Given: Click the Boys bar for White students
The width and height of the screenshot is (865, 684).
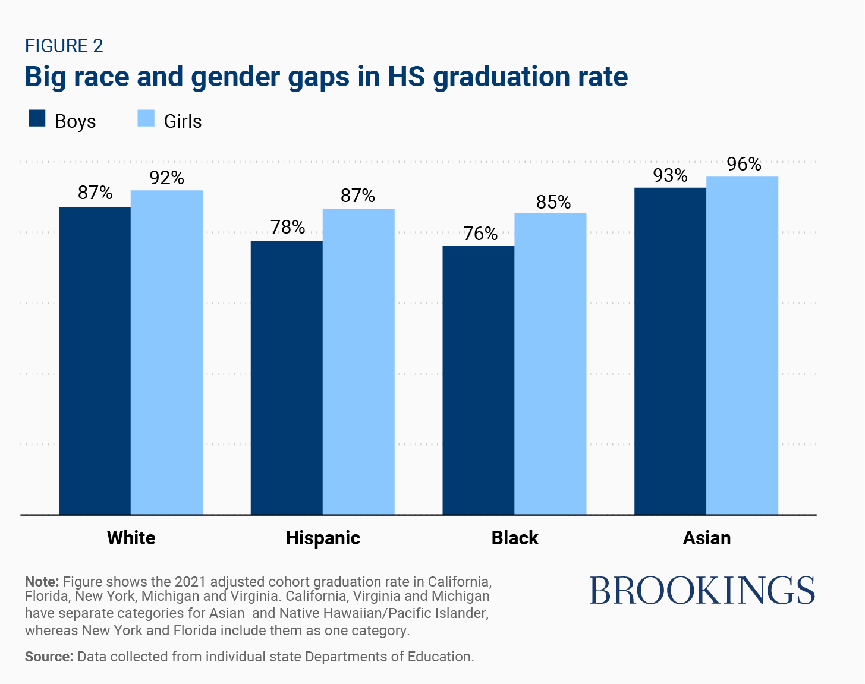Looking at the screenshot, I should click(x=95, y=360).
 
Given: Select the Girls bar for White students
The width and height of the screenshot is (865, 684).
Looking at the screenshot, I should click(x=166, y=352).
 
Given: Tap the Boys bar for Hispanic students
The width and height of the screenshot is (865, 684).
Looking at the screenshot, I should click(x=287, y=377).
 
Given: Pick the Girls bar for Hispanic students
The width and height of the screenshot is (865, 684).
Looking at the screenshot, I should click(x=358, y=361).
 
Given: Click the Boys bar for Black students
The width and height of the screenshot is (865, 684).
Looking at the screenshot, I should click(x=479, y=380).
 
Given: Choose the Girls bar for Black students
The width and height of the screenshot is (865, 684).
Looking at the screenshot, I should click(x=551, y=363).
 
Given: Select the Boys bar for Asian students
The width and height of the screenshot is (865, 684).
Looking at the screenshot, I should click(x=670, y=351).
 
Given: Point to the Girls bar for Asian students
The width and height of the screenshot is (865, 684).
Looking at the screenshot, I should click(x=742, y=345).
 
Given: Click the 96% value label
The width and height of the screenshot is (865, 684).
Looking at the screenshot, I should click(x=744, y=164).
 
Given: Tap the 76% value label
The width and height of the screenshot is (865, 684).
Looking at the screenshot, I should click(x=480, y=234).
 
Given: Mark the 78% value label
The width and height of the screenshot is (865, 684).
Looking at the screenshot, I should click(x=288, y=227).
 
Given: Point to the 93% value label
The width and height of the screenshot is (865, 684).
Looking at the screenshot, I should click(x=670, y=175).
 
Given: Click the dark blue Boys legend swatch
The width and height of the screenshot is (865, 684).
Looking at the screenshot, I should click(x=37, y=118).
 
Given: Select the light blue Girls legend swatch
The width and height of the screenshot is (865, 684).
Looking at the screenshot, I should click(x=146, y=118).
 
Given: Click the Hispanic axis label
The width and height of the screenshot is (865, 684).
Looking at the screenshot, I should click(x=323, y=538).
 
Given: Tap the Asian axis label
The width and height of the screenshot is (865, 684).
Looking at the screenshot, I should click(x=706, y=538).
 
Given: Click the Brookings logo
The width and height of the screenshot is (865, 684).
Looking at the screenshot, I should click(x=702, y=590).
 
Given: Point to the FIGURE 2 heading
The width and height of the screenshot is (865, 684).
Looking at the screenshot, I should click(x=64, y=46).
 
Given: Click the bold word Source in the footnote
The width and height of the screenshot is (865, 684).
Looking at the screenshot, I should click(x=49, y=657).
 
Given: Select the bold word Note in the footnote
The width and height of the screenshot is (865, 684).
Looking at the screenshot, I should click(x=42, y=581).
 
